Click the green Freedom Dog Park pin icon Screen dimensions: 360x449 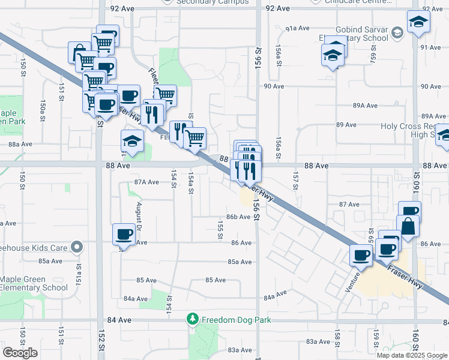tap(193, 319)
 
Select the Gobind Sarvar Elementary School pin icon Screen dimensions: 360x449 tap(396, 32)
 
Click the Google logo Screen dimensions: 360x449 tap(20, 352)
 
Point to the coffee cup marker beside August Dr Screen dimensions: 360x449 tap(124, 234)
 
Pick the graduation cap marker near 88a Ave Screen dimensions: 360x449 tap(133, 142)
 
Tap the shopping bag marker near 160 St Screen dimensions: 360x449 tap(408, 227)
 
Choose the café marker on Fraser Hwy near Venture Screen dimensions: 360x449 tap(361, 255)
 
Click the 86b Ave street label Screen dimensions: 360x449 tap(238, 217)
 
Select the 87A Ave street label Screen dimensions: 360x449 tap(146, 181)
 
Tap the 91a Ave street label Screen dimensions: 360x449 tap(297, 28)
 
